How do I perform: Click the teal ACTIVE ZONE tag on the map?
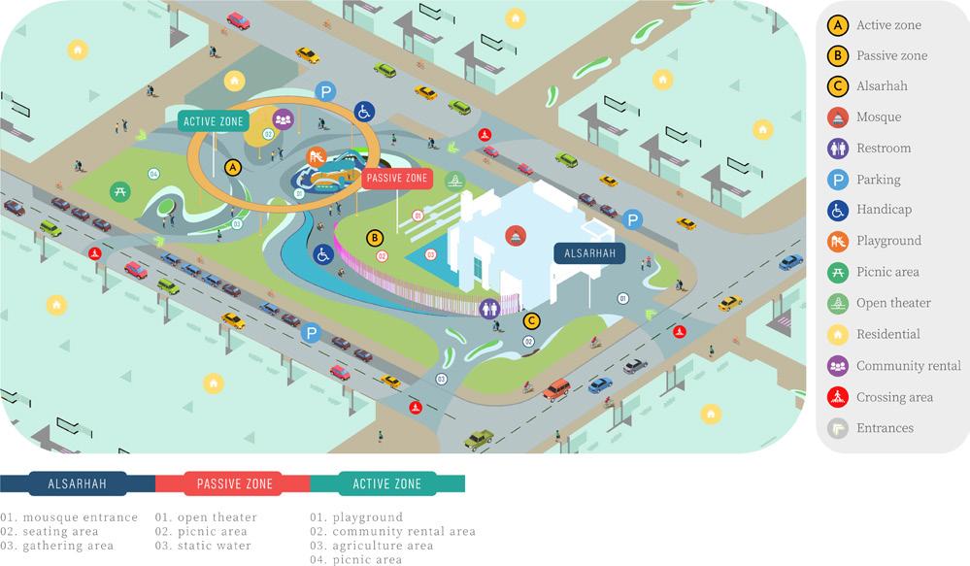tap(213, 120)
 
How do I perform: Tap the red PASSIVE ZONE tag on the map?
tap(395, 179)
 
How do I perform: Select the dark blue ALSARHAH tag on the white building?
tap(589, 252)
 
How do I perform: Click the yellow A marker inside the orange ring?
tap(232, 167)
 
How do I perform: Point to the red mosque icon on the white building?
tap(516, 234)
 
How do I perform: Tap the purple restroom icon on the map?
tap(492, 307)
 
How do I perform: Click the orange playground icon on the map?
tap(316, 155)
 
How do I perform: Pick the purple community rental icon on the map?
tap(283, 119)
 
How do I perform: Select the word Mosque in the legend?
tap(878, 117)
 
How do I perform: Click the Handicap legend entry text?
tap(884, 210)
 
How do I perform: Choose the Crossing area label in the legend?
tap(894, 397)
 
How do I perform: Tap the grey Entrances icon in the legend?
tap(836, 427)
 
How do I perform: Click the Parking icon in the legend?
tap(836, 179)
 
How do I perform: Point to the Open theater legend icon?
tap(836, 303)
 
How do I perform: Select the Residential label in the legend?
tap(888, 334)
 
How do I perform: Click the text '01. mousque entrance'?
tap(69, 517)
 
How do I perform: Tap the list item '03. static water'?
tap(203, 546)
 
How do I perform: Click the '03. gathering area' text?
tap(56, 546)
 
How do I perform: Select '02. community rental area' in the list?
tap(392, 532)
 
